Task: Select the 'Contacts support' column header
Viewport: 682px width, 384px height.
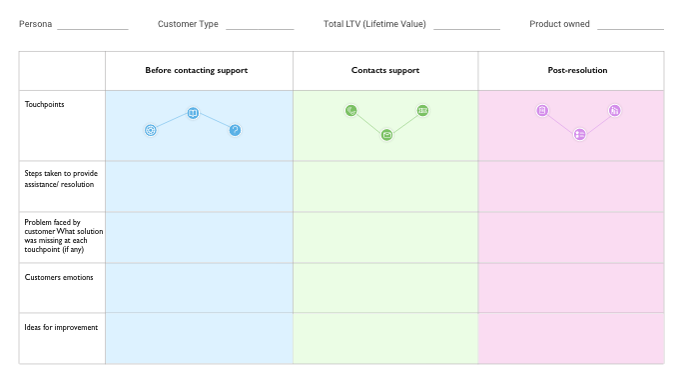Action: (x=385, y=71)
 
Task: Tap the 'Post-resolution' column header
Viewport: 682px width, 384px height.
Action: (x=570, y=71)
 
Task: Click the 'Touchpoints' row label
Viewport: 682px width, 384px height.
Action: (x=44, y=103)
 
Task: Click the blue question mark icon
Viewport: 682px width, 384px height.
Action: (x=235, y=130)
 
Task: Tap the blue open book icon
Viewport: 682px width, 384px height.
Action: (x=193, y=113)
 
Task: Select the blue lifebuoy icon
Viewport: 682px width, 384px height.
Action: (x=151, y=130)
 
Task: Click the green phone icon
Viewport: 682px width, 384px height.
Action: (x=350, y=110)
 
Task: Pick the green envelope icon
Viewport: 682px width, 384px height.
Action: (x=386, y=134)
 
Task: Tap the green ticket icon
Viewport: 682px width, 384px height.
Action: (x=422, y=110)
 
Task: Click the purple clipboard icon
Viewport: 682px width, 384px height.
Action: (x=542, y=110)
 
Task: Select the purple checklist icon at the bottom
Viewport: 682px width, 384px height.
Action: (x=579, y=134)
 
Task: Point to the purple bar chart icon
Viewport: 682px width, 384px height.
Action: (x=615, y=110)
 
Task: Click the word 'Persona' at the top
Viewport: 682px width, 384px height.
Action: (x=35, y=24)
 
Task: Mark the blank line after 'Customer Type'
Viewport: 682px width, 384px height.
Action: (x=260, y=29)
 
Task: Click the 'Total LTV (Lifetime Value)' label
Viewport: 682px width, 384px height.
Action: (x=374, y=24)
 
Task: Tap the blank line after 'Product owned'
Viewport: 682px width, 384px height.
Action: (x=631, y=29)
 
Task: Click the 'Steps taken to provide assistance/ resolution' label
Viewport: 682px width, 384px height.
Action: (x=61, y=178)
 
